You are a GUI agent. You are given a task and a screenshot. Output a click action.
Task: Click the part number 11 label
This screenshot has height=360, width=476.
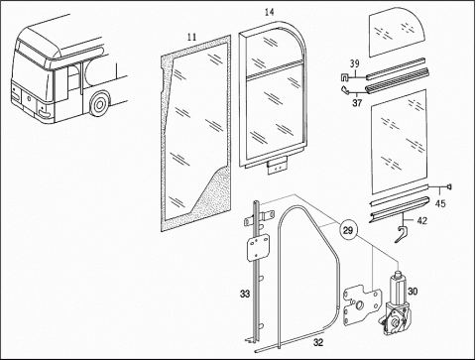(x=191, y=37)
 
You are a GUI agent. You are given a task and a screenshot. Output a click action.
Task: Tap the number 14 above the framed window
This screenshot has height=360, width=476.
(x=270, y=13)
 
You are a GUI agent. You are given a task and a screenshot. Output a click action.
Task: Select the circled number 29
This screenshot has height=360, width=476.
(x=348, y=230)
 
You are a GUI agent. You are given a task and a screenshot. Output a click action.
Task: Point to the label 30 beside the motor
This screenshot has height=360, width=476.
(x=413, y=292)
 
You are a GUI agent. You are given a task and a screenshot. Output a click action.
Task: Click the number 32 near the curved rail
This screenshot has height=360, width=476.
(x=318, y=342)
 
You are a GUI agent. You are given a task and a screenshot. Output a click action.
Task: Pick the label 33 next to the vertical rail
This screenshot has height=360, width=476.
(x=245, y=294)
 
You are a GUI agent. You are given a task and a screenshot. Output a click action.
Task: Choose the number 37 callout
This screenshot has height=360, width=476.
(x=357, y=103)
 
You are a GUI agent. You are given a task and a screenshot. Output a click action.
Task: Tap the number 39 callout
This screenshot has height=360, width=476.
(x=355, y=63)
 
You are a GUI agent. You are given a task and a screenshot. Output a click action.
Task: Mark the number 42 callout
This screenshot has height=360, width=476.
(x=422, y=220)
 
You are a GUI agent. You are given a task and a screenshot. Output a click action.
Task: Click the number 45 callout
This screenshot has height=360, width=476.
(x=440, y=204)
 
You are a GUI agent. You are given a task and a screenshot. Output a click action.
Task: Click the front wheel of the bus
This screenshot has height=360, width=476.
(x=99, y=104)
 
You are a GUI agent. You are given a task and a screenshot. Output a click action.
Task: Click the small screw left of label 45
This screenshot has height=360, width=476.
(x=449, y=187)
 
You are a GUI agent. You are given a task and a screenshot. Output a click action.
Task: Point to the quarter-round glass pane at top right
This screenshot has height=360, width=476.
(x=397, y=34)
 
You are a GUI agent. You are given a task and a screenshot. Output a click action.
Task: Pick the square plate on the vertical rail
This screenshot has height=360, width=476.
(x=257, y=247)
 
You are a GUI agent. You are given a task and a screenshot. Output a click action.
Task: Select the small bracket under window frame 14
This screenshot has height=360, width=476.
(x=277, y=166)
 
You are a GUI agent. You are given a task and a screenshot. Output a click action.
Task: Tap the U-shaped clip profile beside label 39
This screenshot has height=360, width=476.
(x=345, y=78)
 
